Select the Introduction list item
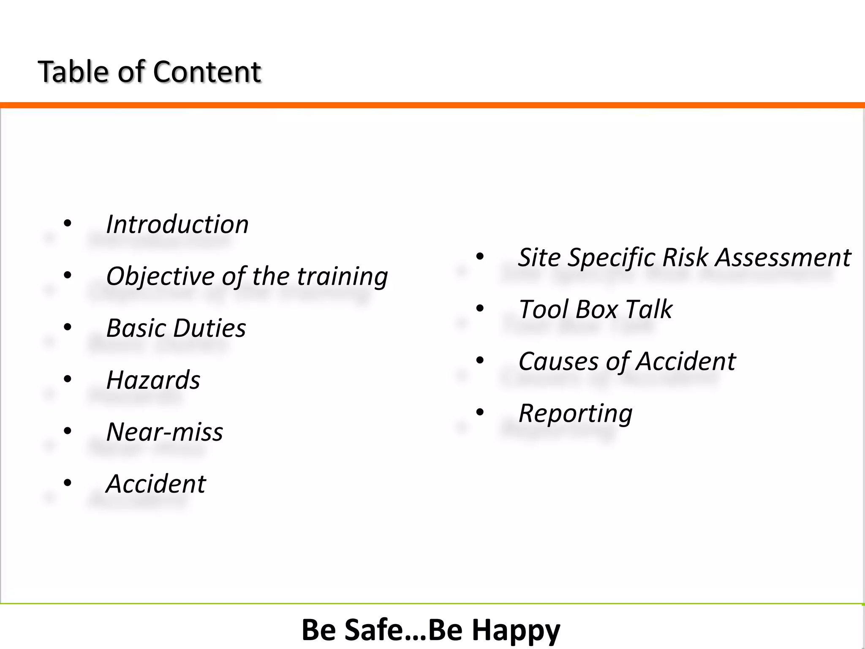[177, 224]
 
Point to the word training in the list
[342, 277]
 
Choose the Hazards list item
[153, 380]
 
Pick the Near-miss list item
[164, 432]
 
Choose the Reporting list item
[575, 413]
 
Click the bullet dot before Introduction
[68, 224]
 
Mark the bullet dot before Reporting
[480, 412]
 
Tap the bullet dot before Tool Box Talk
[480, 308]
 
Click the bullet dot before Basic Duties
[68, 327]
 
